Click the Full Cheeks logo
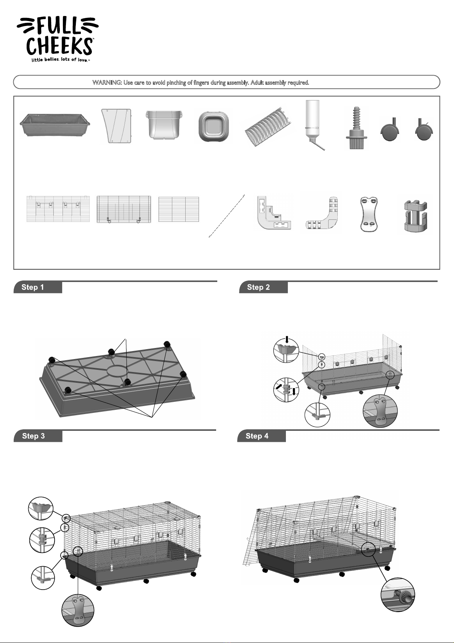coord(58,39)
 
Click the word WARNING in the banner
coord(107,83)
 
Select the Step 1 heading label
coord(33,287)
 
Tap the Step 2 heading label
coord(258,287)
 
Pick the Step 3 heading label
coord(34,436)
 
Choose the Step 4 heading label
coord(257,436)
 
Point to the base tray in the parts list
coord(55,125)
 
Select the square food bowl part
coord(213,126)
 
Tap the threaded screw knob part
coord(357,128)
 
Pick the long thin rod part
coord(226,216)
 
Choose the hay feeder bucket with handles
coord(164,125)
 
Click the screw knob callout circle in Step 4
coord(398,595)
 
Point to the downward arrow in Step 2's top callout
coord(287,340)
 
